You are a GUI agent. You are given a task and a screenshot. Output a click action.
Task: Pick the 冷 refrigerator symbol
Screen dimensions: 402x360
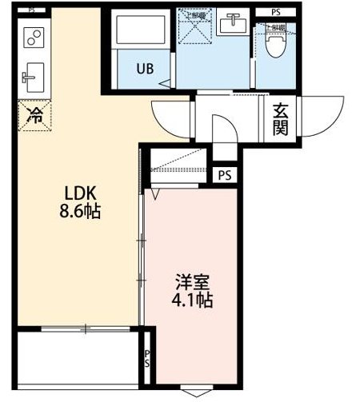[34, 114]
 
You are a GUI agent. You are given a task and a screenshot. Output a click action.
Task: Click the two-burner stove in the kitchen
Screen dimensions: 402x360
[34, 37]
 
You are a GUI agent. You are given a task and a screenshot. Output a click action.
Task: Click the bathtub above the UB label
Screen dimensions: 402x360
[140, 32]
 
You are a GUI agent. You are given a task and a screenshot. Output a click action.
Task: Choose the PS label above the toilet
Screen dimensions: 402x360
[276, 12]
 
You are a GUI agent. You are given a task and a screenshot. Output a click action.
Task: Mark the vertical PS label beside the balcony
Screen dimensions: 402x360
[146, 358]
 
